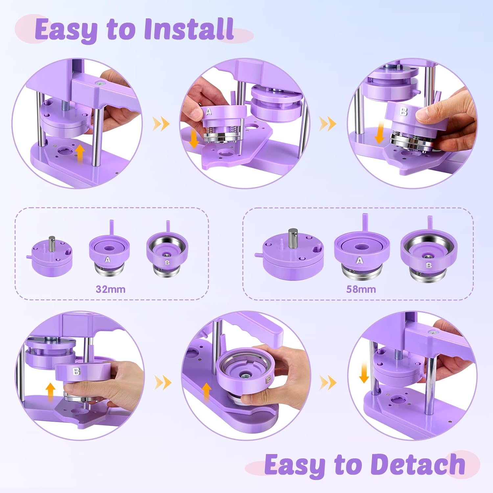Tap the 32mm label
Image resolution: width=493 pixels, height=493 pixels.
coord(110,289)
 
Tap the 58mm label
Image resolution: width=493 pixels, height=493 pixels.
coord(361,289)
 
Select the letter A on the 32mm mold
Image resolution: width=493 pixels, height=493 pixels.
coord(107,260)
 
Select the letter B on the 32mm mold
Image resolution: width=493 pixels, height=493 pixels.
coord(167,262)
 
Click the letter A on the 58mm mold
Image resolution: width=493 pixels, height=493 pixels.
coord(360,261)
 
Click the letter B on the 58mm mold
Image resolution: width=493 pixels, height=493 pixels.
coord(429,265)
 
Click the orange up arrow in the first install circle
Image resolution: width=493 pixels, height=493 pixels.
coord(80,155)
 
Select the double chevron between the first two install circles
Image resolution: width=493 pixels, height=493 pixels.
coord(161,124)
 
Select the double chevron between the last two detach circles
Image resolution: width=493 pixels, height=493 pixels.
coord(328,382)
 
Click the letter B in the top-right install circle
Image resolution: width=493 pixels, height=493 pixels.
coord(404,111)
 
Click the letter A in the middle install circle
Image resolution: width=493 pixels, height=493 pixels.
coord(209,112)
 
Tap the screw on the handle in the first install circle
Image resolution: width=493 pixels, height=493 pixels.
coord(99,83)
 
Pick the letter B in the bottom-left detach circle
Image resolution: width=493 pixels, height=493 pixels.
coord(76,371)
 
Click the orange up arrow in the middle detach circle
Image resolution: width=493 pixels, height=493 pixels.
coord(206,391)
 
